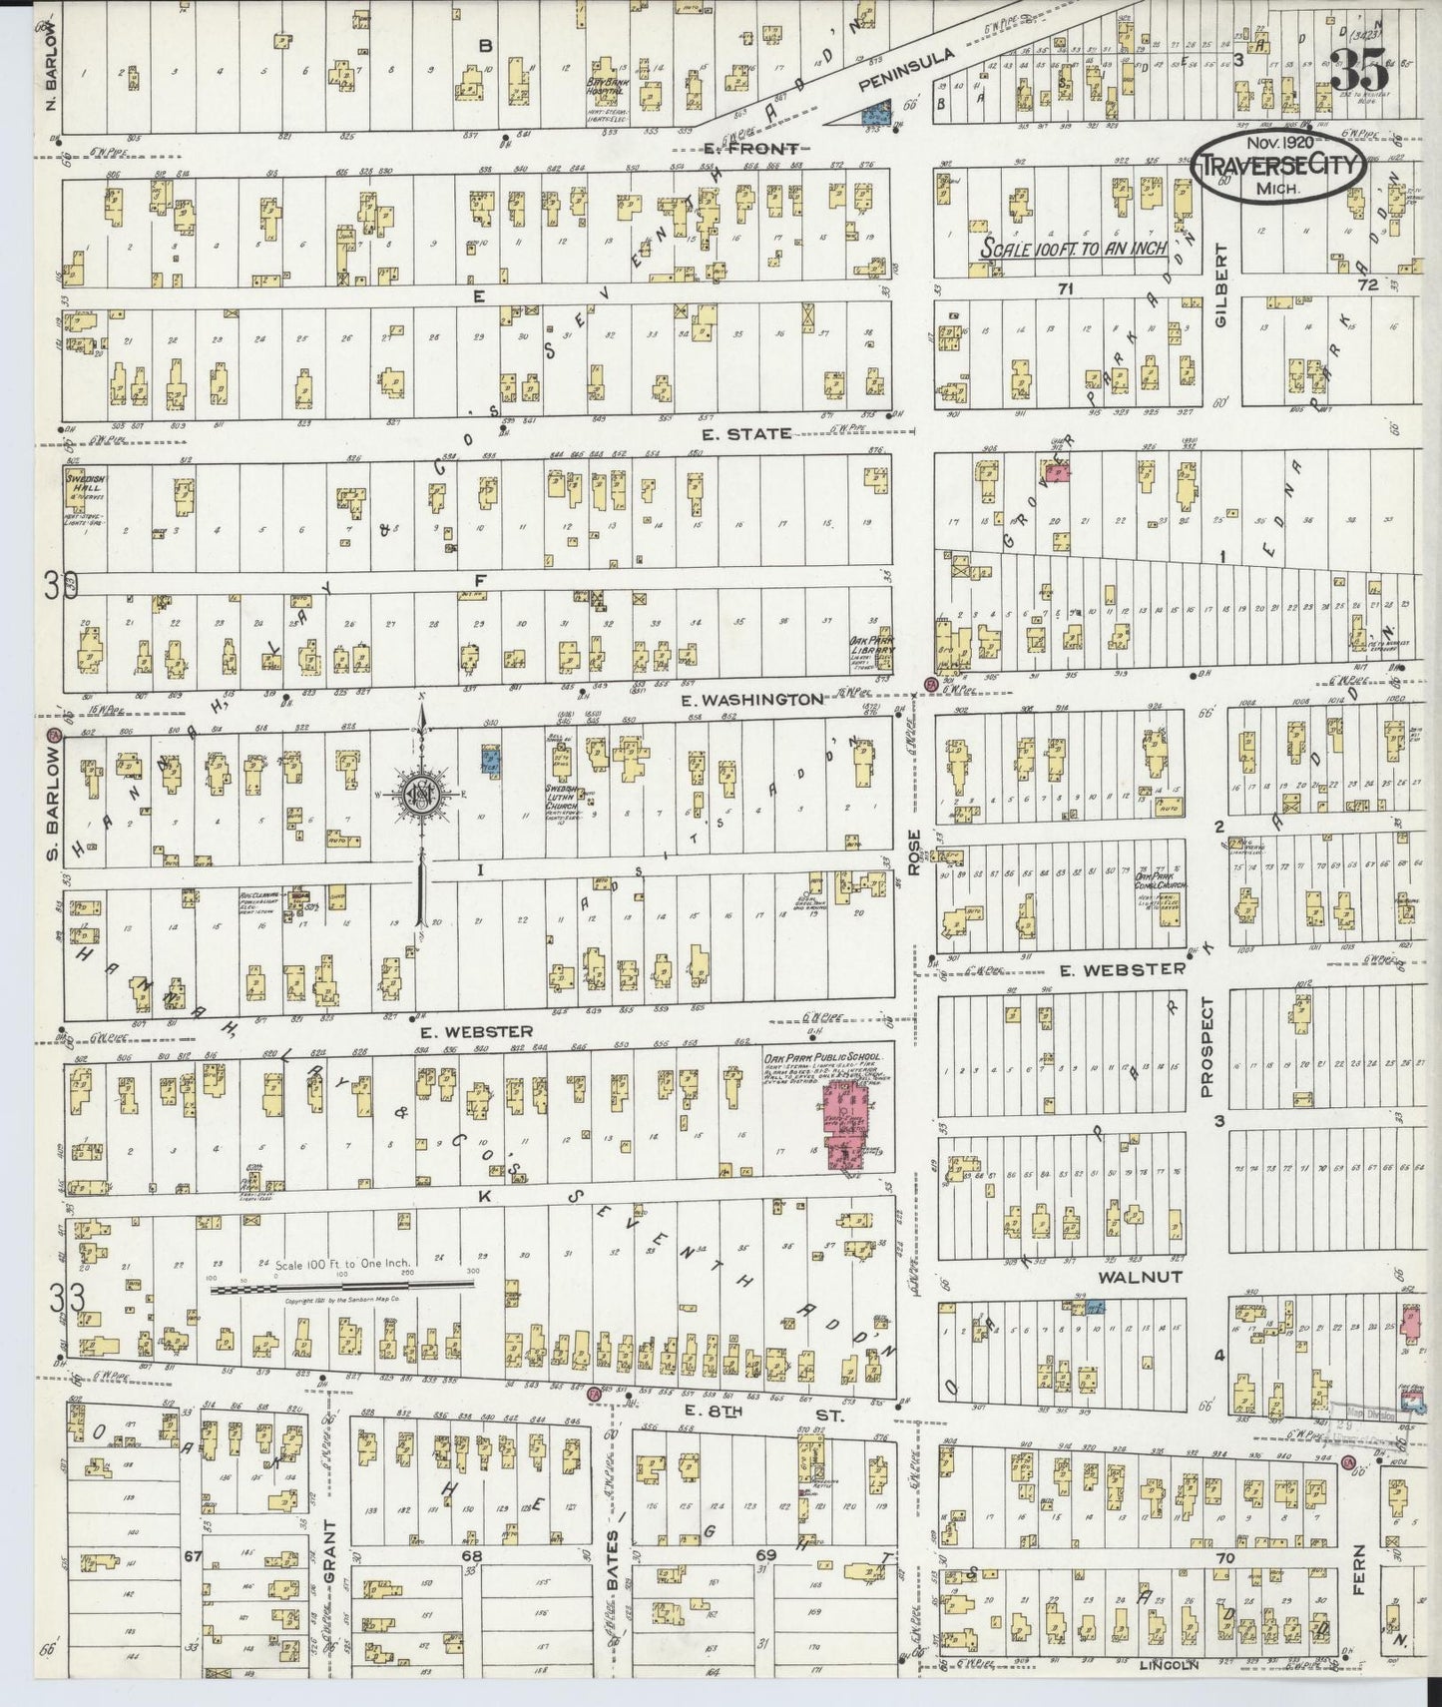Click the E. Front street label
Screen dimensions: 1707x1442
click(751, 149)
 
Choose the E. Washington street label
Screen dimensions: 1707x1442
click(752, 700)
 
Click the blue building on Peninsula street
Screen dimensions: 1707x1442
click(876, 112)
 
